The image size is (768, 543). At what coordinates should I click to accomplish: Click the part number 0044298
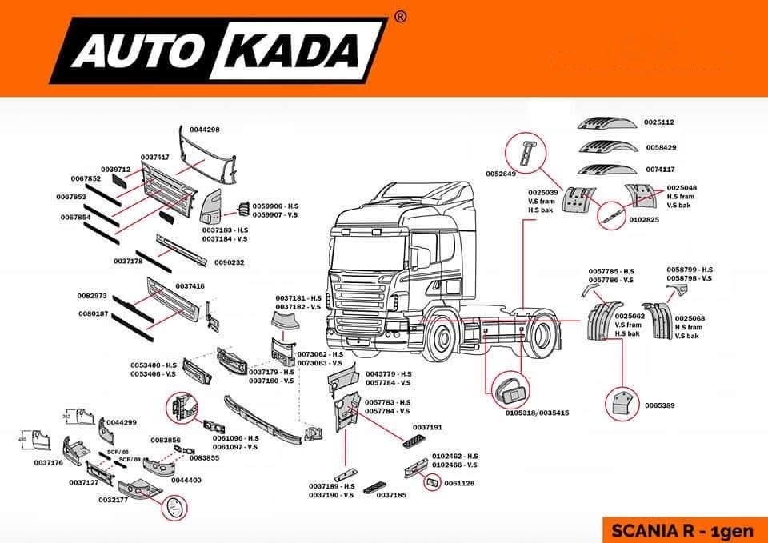tap(203, 130)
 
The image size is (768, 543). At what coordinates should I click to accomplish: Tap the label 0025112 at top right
tap(660, 122)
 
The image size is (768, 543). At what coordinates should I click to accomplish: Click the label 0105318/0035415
tap(537, 413)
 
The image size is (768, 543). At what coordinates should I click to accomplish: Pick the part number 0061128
tap(460, 483)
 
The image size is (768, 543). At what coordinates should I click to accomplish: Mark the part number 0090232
tap(229, 262)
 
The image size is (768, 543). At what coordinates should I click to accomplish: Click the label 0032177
tap(114, 499)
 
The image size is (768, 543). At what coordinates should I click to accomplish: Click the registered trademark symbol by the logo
tap(401, 16)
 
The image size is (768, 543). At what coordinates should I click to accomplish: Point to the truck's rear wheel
tap(548, 336)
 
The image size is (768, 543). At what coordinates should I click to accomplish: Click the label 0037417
tap(155, 158)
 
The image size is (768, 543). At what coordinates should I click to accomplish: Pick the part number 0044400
tap(186, 481)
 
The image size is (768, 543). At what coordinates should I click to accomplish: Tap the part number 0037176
tap(49, 463)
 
